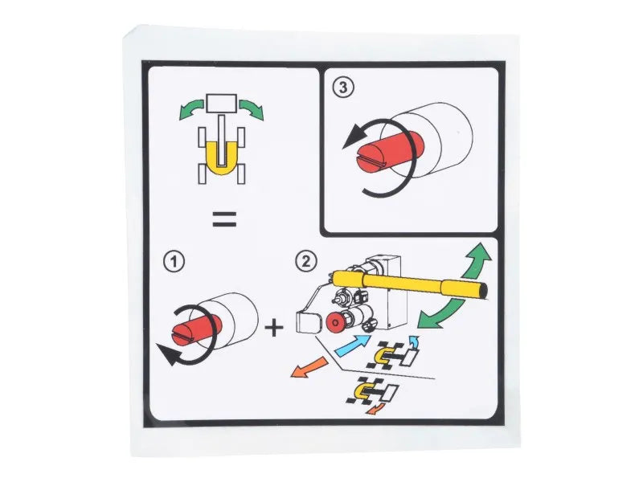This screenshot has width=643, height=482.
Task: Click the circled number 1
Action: [x=174, y=262]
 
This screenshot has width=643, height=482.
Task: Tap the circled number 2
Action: [x=306, y=262]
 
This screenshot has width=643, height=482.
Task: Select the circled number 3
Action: [x=343, y=88]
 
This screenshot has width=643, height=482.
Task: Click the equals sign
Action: [x=224, y=219]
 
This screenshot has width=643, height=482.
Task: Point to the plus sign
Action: [x=274, y=328]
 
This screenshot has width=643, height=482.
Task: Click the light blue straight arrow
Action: [x=353, y=345]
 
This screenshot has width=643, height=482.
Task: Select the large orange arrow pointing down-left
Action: [x=309, y=367]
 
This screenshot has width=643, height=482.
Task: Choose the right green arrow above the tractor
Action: [x=252, y=109]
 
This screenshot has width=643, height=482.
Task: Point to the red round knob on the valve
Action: [x=336, y=322]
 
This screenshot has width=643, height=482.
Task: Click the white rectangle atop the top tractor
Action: [x=222, y=104]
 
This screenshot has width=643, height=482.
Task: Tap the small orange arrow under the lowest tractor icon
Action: [x=375, y=409]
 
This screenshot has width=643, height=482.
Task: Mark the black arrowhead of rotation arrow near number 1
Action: [x=168, y=354]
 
